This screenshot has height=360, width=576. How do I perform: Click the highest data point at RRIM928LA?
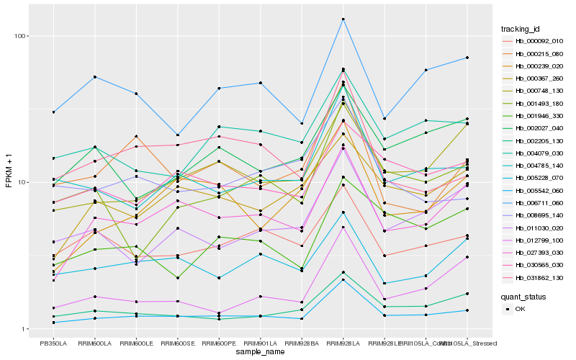coord(343,19)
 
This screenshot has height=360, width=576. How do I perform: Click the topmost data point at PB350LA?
coord(53,112)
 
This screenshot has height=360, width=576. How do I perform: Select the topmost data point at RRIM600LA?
coord(95,77)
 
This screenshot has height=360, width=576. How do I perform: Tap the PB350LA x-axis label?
coord(53,342)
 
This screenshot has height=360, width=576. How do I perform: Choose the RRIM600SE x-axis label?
coord(178,342)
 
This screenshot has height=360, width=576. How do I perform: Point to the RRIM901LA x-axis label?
coord(261,342)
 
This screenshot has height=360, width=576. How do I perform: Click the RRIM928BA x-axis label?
coord(302,342)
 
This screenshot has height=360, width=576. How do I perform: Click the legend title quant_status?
coord(524,296)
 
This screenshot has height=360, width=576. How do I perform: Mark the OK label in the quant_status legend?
coord(521,308)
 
